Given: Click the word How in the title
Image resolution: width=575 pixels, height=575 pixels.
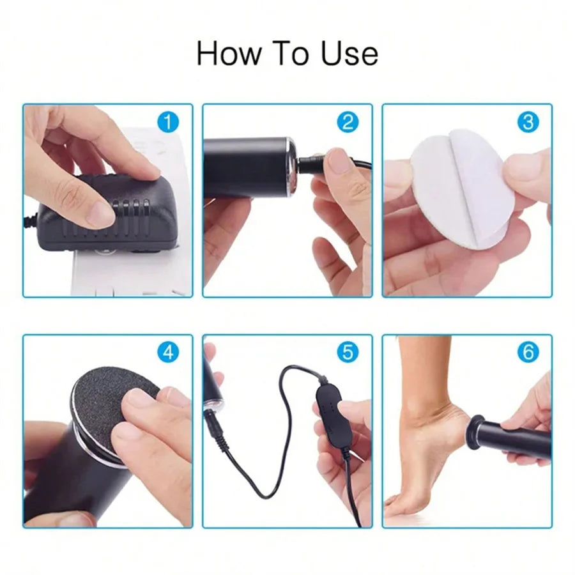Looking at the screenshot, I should coord(224,53).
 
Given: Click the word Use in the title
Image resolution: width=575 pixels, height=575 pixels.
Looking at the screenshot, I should coord(349,53).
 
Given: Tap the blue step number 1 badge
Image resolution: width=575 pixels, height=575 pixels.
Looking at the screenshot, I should coord(167,121).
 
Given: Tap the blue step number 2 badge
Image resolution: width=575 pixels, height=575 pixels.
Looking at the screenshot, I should coord(347,121).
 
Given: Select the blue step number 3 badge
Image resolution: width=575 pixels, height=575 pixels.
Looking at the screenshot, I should coord(527,121).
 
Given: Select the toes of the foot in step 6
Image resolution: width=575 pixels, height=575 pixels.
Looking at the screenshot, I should coord(399,505).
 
